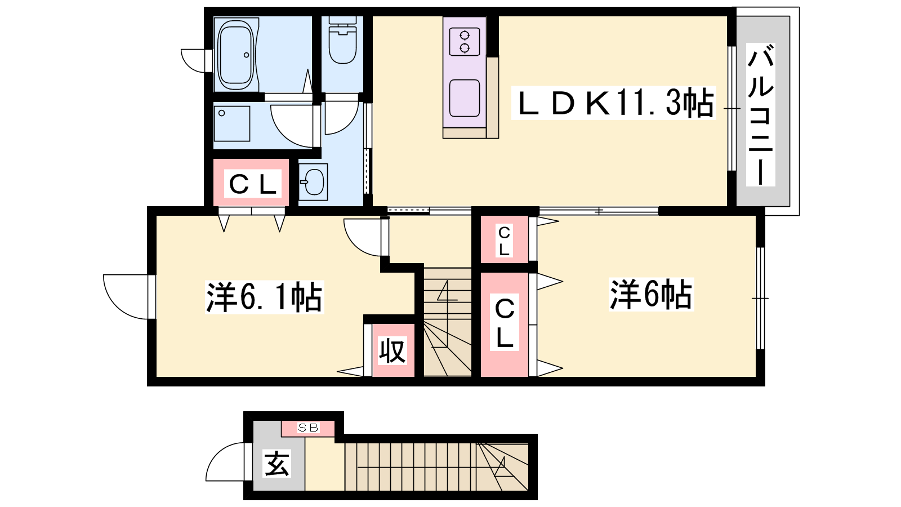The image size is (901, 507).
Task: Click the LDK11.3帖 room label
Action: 613,103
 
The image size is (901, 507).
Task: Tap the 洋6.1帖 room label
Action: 264,297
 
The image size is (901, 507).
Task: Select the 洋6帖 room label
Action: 651,295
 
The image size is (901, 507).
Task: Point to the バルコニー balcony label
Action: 761,115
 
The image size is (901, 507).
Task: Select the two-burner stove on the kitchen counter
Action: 465,42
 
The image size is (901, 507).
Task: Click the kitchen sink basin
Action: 465,98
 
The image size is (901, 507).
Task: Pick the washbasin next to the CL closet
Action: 313,181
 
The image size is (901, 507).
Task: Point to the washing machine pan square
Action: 232,123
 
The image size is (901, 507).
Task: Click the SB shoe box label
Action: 308,428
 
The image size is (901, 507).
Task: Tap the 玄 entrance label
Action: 276,464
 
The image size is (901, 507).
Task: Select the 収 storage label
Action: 392,350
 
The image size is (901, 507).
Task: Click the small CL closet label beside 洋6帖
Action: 504,241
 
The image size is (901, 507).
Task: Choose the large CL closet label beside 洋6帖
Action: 505,322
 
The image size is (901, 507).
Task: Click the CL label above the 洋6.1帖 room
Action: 252,184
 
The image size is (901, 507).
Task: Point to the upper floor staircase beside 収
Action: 448,322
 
